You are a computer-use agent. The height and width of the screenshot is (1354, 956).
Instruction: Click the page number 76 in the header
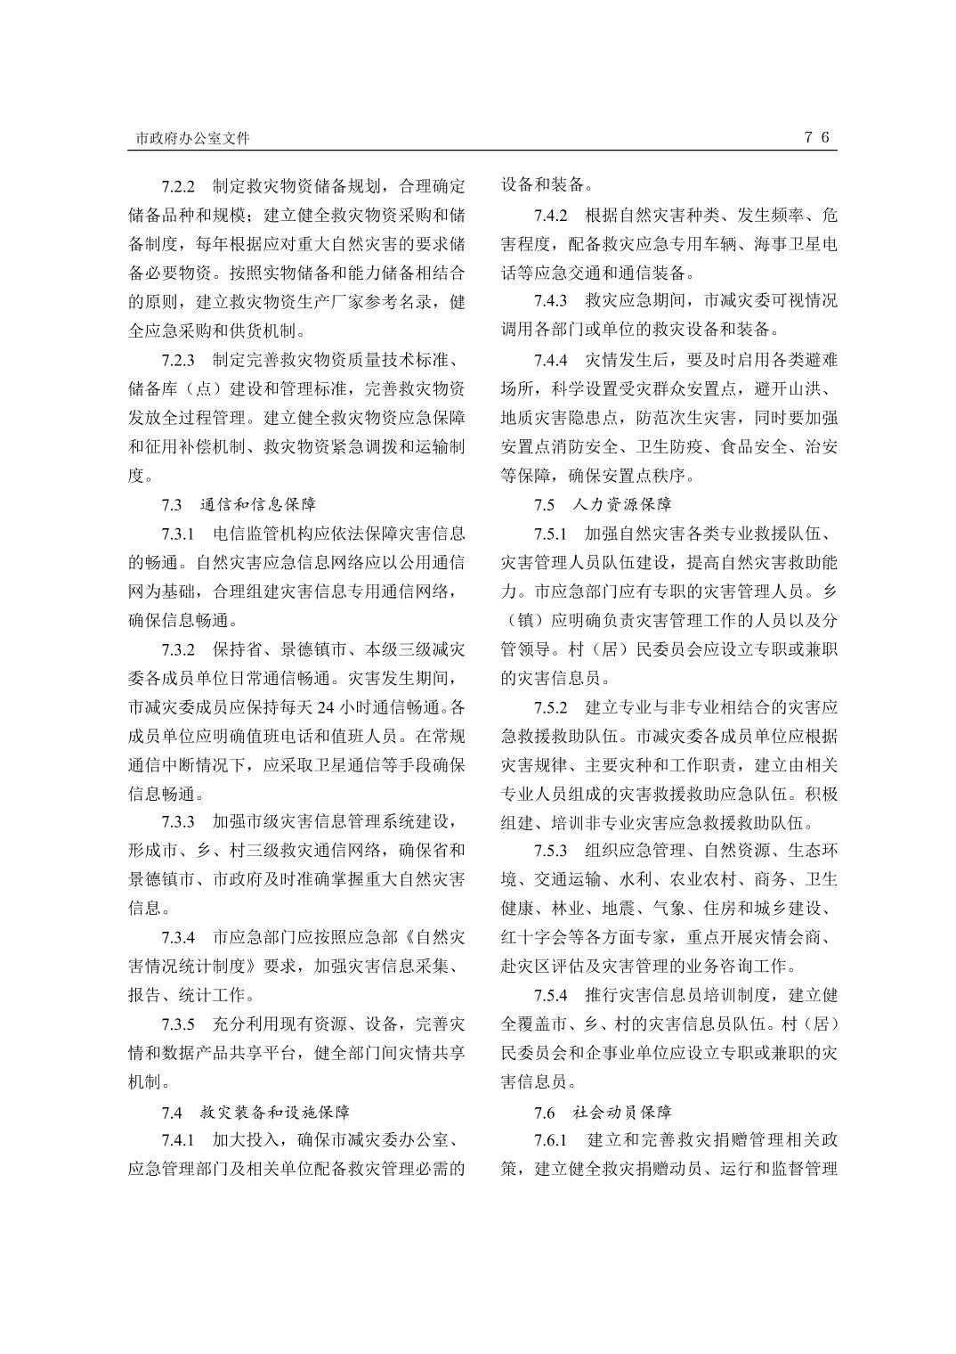coord(817,137)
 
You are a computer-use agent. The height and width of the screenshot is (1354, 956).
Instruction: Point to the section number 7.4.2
coord(551,215)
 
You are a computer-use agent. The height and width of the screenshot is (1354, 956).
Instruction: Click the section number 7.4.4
coord(551,360)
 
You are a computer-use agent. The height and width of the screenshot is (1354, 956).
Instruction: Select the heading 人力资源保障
coord(622,505)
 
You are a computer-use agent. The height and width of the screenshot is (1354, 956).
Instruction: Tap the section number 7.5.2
coord(551,707)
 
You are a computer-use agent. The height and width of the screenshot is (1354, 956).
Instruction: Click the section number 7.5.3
coord(551,851)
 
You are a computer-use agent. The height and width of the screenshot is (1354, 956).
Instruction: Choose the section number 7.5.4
coord(551,995)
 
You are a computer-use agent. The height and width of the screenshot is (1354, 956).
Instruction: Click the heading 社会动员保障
coord(622,1112)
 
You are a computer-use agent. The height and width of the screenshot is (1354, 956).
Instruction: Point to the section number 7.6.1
coord(551,1140)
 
